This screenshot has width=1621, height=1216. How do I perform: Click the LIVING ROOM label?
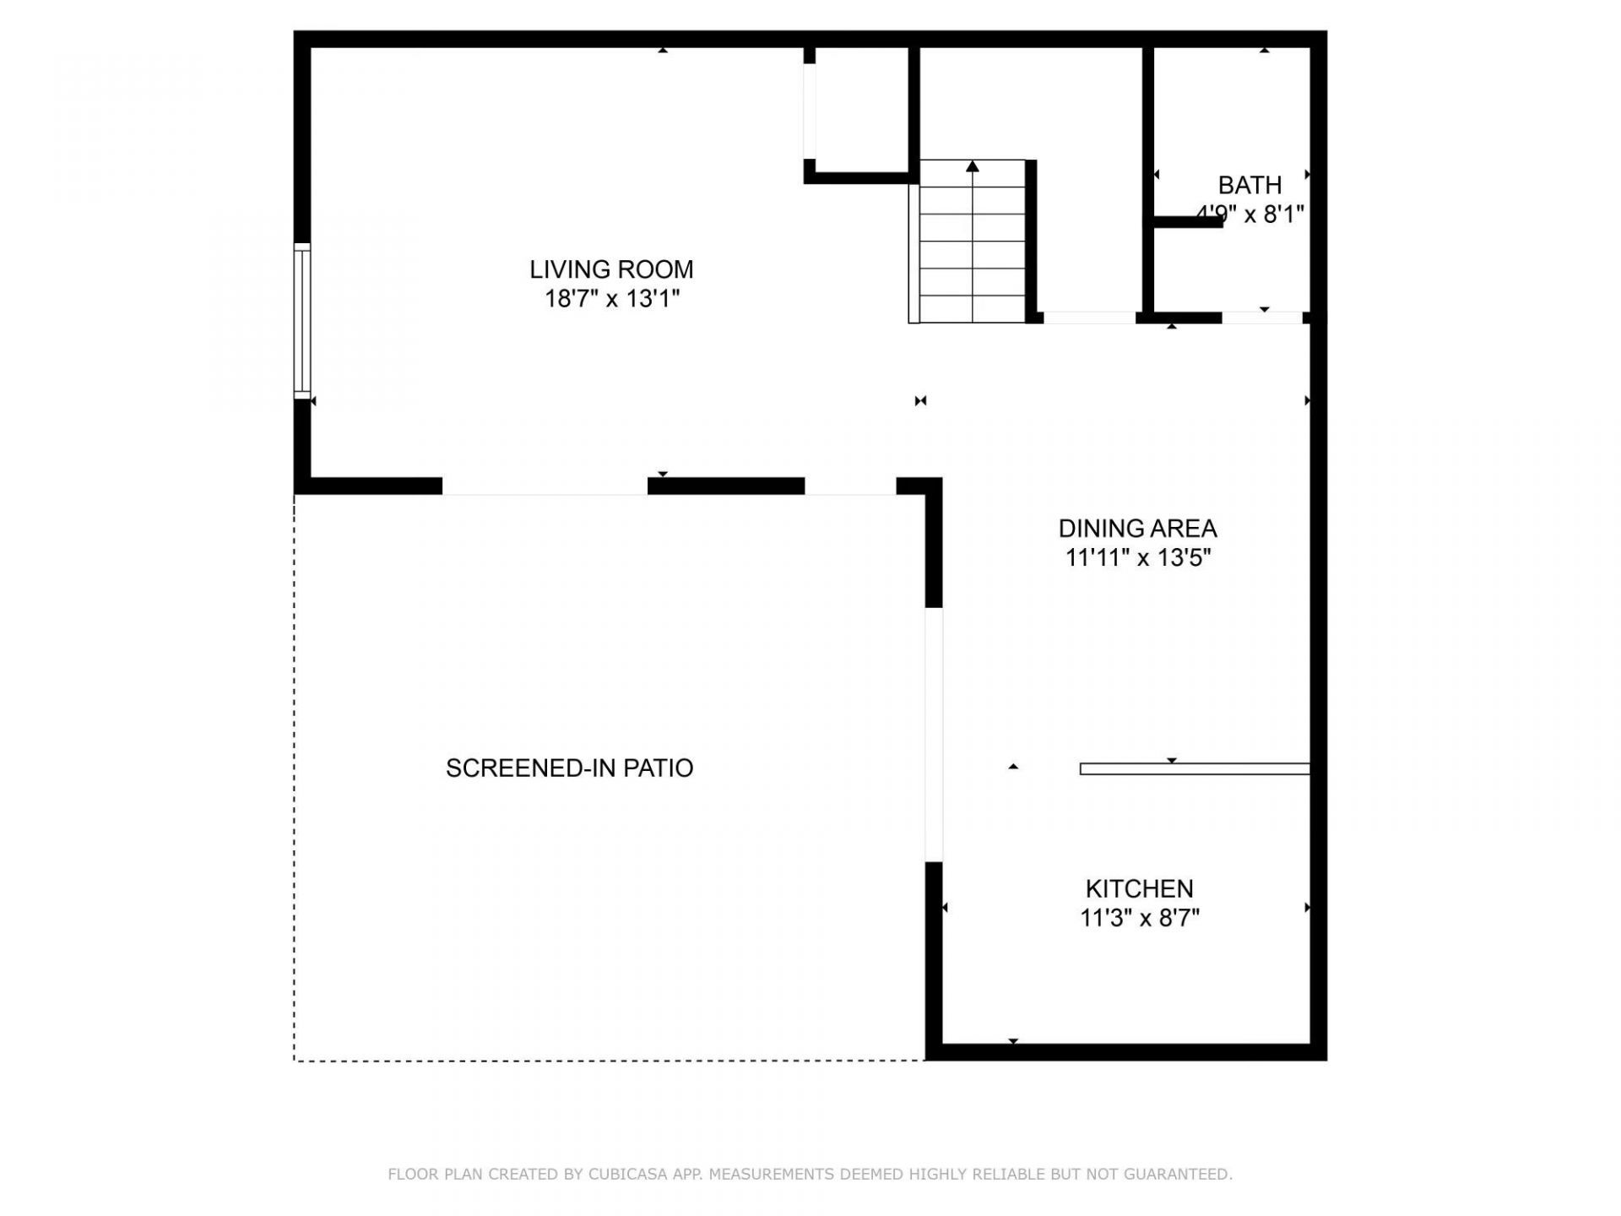[611, 269]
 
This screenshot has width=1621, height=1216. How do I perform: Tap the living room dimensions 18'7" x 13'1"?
[611, 299]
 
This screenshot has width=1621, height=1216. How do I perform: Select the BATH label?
[1250, 185]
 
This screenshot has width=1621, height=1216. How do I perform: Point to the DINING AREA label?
[1137, 529]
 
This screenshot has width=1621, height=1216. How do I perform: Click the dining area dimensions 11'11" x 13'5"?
[1137, 558]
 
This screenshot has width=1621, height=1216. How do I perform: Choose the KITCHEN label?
[1139, 889]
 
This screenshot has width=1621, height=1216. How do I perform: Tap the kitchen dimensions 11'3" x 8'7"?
[1139, 918]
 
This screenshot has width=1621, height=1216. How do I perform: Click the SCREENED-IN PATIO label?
[569, 768]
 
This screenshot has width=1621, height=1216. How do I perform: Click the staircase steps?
[973, 253]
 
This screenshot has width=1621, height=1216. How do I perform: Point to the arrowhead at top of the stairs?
[973, 166]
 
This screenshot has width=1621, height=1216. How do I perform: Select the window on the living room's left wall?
[302, 320]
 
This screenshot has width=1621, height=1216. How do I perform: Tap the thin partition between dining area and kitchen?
[1195, 769]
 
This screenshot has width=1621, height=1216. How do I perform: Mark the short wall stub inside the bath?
[1187, 222]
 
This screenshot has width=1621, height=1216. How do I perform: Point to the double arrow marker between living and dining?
[920, 401]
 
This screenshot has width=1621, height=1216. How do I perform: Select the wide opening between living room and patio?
[545, 487]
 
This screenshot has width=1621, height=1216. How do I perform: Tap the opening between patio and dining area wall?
[933, 734]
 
